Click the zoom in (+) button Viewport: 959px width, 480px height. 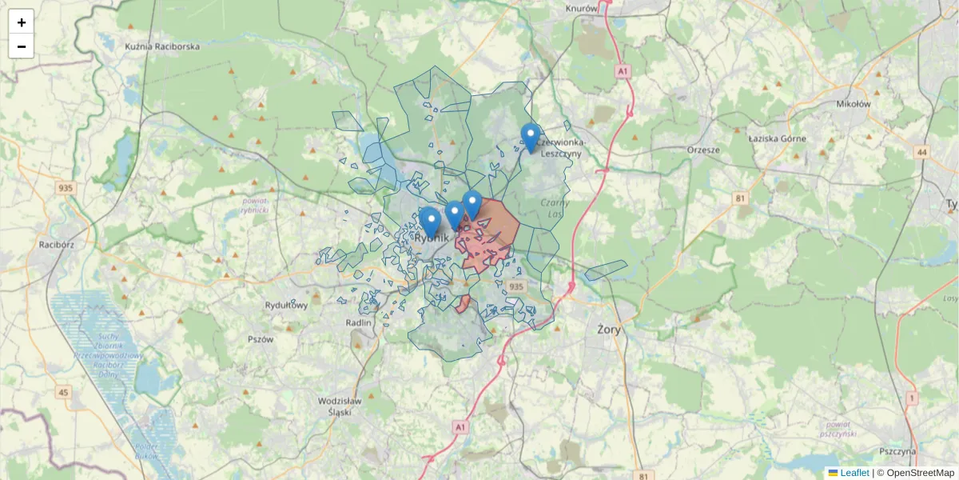[22, 22]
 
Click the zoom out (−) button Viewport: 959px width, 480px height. [22, 46]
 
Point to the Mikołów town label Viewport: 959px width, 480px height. [854, 103]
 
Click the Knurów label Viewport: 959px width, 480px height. [581, 8]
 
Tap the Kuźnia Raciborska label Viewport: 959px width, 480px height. [162, 46]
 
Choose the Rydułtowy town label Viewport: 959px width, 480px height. [286, 305]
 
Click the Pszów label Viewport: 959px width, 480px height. [261, 338]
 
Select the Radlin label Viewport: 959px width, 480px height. [360, 322]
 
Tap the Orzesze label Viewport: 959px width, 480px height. [703, 150]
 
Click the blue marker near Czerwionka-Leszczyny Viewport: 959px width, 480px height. [530, 137]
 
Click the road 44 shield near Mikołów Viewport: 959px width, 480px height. [923, 152]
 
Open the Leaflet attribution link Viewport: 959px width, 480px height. [854, 473]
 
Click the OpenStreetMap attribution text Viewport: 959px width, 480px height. [920, 473]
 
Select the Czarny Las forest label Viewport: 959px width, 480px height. [553, 208]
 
